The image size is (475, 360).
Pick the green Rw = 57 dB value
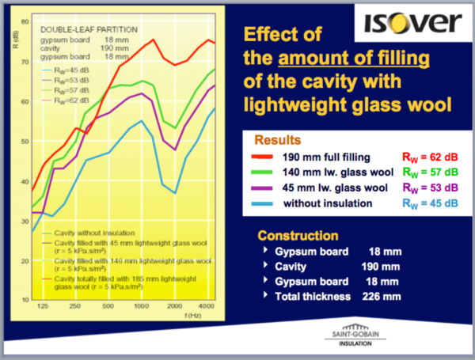point(426,172)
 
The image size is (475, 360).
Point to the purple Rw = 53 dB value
point(426,188)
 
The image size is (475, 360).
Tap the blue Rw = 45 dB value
point(426,203)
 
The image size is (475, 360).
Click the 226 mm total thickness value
point(382,296)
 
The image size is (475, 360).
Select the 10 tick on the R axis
point(24,299)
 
